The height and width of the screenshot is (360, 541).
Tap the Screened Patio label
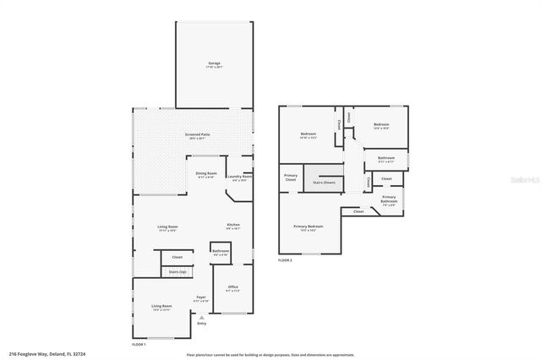coord(198,135)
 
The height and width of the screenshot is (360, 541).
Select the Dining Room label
coord(206,174)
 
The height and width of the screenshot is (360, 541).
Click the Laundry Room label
coord(239,177)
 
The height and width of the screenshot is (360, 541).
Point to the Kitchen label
coord(232,226)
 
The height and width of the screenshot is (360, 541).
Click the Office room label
coord(233,287)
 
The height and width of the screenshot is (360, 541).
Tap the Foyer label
coord(201,297)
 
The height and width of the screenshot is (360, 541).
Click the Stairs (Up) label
coord(178,272)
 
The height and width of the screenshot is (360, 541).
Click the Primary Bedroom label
coord(308,226)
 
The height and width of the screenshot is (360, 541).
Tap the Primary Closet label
coord(290,178)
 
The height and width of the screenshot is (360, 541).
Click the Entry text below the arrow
coord(201,324)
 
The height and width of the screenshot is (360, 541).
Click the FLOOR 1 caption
coord(139,345)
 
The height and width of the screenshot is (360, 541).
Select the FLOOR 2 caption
coord(285,260)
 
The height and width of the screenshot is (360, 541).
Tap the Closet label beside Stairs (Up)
coord(178,257)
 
